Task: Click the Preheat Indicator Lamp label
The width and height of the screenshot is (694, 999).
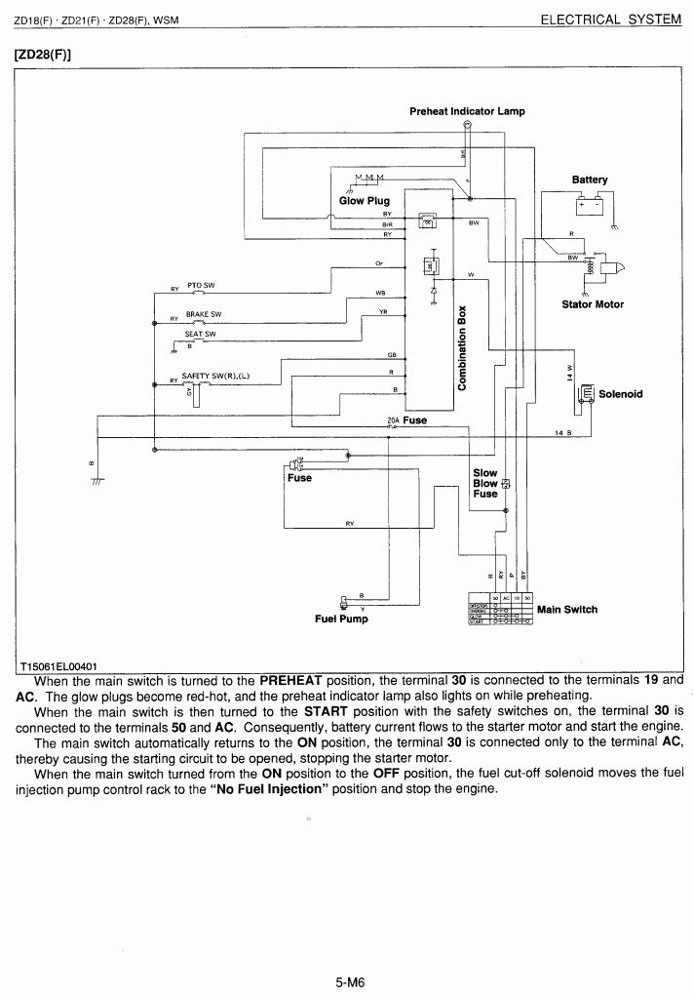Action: click(x=467, y=111)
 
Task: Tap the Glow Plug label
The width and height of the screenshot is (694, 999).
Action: click(x=364, y=201)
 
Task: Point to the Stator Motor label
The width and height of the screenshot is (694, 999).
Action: click(x=593, y=304)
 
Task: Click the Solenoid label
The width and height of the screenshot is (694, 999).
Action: click(x=620, y=394)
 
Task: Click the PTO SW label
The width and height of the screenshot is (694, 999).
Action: click(x=201, y=285)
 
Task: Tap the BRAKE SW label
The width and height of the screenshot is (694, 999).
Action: click(x=204, y=314)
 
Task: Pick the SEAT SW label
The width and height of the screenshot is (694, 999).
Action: click(x=200, y=334)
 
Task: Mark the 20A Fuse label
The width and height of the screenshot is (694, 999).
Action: click(x=406, y=420)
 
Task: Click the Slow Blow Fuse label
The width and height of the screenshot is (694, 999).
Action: click(x=485, y=483)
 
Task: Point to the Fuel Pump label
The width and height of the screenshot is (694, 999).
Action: click(x=341, y=619)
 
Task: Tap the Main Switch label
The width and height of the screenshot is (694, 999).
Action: click(x=567, y=610)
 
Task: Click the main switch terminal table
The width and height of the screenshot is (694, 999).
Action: click(x=500, y=609)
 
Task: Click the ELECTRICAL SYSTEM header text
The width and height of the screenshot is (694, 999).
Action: click(x=610, y=20)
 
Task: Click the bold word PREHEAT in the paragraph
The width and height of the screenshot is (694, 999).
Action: click(x=295, y=680)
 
